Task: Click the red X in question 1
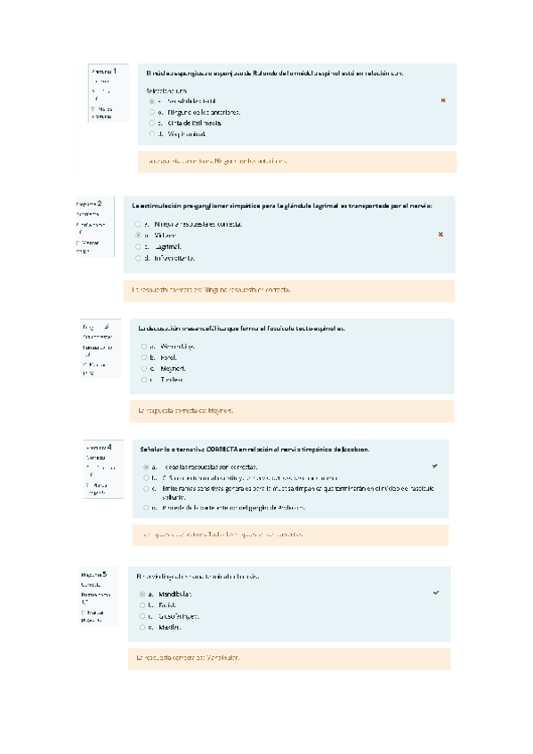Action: point(442,100)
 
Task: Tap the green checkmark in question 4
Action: point(434,465)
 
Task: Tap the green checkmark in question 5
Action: point(435,592)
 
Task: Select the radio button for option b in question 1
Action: point(152,113)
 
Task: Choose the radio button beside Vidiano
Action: point(138,235)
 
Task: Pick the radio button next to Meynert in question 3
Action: point(142,367)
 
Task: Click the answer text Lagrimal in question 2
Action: point(167,246)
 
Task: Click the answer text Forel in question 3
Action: point(170,357)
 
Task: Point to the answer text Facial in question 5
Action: point(169,605)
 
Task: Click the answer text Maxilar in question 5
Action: point(171,627)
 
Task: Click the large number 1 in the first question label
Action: point(114,70)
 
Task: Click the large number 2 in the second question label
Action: point(100,203)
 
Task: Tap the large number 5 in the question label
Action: point(104,574)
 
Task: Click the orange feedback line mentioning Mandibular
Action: point(186,658)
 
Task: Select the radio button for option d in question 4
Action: point(144,507)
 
